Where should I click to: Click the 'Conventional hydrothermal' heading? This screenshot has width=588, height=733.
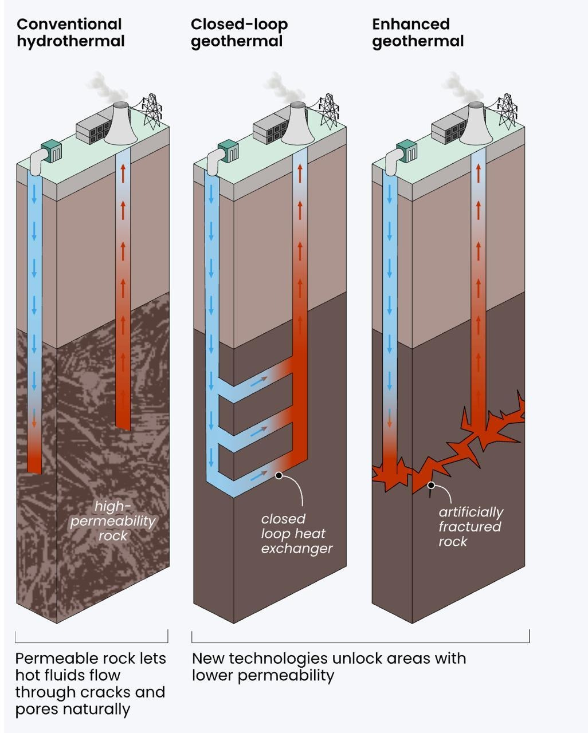click(70, 33)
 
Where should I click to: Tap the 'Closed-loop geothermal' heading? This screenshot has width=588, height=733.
click(239, 33)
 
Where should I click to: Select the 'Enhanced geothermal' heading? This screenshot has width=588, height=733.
click(418, 33)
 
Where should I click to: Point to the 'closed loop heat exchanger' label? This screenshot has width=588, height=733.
click(296, 534)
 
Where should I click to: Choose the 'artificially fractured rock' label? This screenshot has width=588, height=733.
click(470, 527)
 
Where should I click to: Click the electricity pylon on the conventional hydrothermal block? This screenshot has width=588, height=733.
click(152, 111)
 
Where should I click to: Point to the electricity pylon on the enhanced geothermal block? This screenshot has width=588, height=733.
click(507, 111)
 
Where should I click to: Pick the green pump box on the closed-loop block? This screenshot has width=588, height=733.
click(228, 151)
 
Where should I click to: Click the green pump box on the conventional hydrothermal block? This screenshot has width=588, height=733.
click(52, 151)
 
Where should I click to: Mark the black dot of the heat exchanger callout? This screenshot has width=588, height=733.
click(279, 475)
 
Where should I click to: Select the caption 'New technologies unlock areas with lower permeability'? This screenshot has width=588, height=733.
click(328, 667)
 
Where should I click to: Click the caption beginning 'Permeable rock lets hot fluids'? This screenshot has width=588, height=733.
click(91, 684)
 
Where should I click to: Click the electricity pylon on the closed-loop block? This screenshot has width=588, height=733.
click(328, 111)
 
